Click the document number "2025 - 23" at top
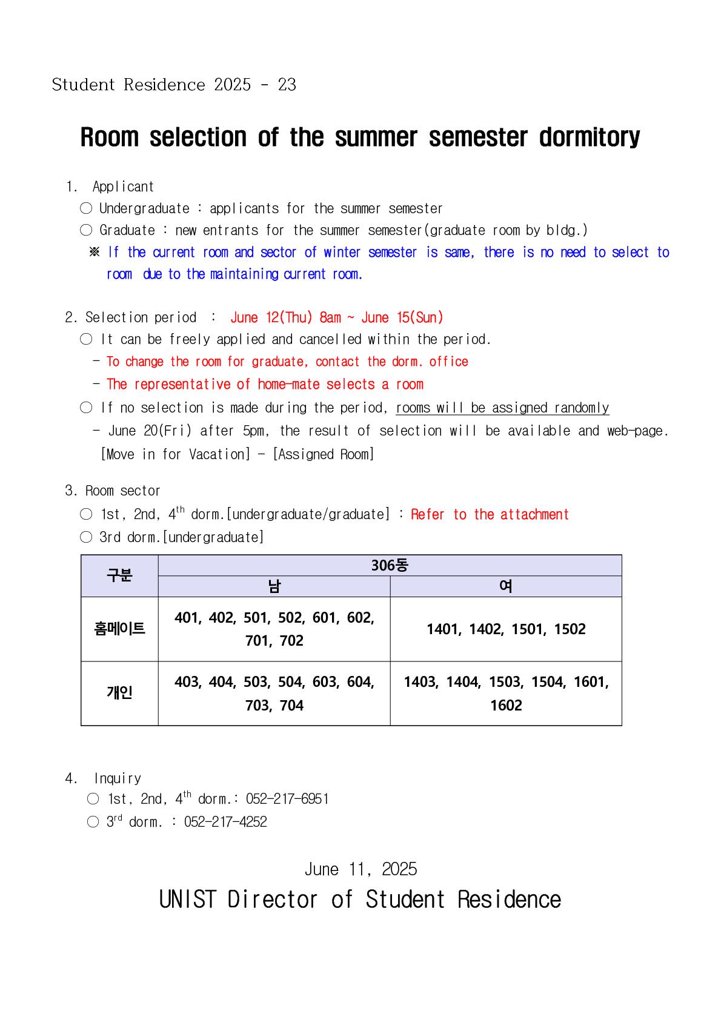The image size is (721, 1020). pos(255,85)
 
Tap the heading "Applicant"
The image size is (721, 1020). pos(123,187)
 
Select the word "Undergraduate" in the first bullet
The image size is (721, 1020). pos(144,208)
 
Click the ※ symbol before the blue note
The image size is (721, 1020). pos(95,252)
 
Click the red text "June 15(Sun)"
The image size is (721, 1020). pos(402,317)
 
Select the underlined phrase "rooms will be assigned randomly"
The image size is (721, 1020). pos(502,408)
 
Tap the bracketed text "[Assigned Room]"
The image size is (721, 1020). pos(324,454)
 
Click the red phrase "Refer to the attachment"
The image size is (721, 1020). pos(490,515)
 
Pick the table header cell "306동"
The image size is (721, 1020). pos(390,565)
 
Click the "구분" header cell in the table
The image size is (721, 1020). pos(119,575)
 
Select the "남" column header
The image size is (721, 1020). pos(274,586)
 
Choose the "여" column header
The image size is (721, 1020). pos(506,586)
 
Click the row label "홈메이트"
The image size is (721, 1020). pos(119,629)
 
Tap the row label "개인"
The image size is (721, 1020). pos(119,693)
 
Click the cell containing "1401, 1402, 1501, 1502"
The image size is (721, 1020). pos(506,629)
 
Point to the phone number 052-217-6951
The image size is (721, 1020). pos(287,799)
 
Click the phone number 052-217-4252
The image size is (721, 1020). pos(225,822)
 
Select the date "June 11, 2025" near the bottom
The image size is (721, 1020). pos(360,869)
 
